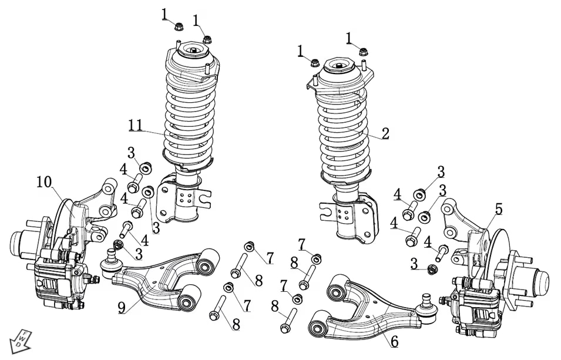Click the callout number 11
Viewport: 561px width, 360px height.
(135, 125)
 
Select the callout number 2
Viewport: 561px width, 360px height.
(385, 133)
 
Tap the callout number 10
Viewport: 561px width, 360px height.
(44, 181)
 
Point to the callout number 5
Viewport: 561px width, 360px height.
(498, 208)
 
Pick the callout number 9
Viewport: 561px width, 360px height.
(122, 307)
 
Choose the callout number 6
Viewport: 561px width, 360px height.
(394, 341)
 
